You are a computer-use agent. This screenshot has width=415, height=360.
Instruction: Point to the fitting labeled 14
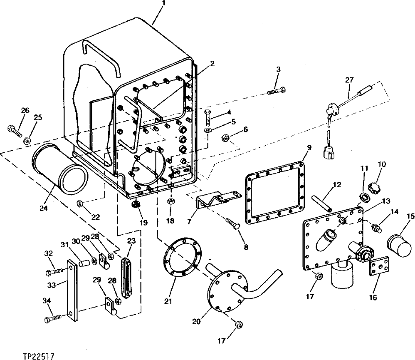376,228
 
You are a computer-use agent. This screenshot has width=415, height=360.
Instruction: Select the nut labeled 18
170,202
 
